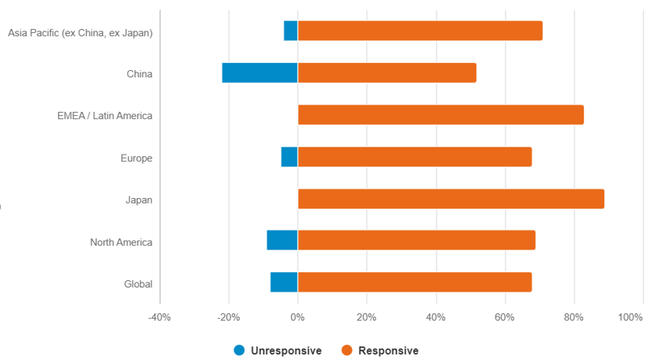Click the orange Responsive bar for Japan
coord(450,199)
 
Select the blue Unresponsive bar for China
coord(259,73)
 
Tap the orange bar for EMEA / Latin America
coord(440,115)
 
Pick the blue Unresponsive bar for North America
coord(282,241)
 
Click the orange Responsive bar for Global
coord(414,283)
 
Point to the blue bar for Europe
coord(289,157)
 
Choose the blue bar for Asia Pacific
coord(290,31)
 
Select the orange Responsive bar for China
coord(387,73)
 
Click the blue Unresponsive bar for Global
coord(284,283)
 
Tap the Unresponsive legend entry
coord(278,350)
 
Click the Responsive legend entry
coord(380,350)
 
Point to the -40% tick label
coord(160,317)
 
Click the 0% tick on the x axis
coord(297,317)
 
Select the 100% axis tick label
coord(629,317)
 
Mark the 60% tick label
coord(505,317)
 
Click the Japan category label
coord(139,200)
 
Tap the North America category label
coord(121,242)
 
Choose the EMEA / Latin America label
coord(105,116)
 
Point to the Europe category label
coord(136,158)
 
